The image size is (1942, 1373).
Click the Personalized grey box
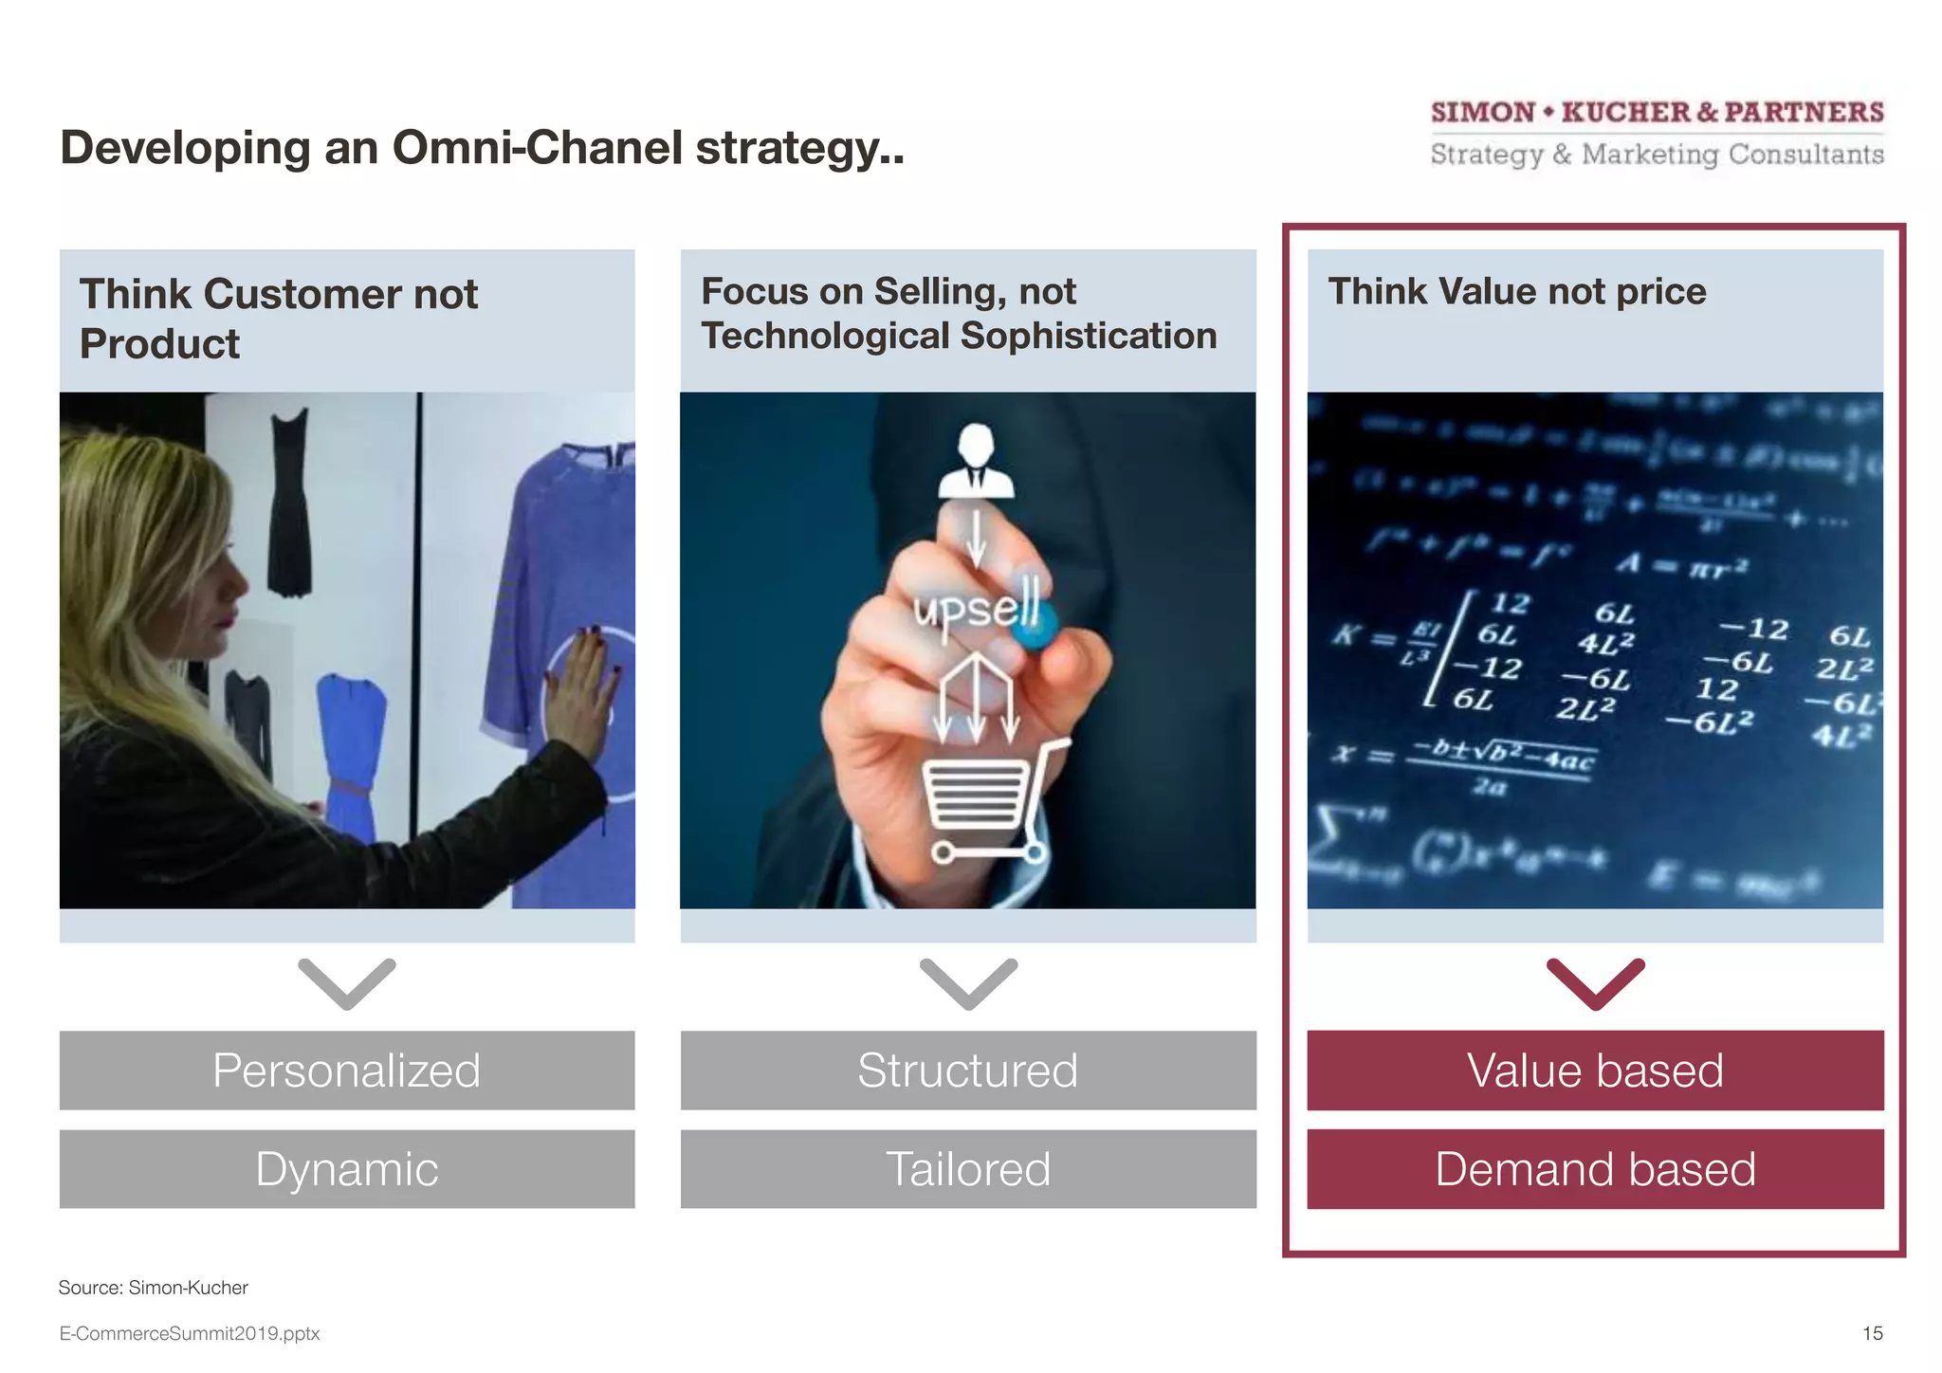tap(347, 1071)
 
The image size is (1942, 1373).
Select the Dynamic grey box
tap(347, 1169)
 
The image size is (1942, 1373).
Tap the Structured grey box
tap(968, 1071)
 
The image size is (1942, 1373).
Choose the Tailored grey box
tap(968, 1169)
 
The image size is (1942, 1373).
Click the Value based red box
tap(1595, 1071)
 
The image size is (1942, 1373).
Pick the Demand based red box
tap(1595, 1169)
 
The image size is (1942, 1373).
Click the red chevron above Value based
tap(1595, 984)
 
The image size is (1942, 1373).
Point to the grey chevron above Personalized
tap(347, 984)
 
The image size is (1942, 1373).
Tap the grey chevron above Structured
tap(968, 984)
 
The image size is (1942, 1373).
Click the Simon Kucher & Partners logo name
tap(1657, 113)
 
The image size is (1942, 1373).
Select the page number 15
tap(1872, 1333)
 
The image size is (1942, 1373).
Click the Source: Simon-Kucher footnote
tap(153, 1288)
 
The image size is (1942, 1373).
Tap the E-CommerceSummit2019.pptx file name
tap(190, 1333)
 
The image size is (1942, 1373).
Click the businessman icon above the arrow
tap(976, 462)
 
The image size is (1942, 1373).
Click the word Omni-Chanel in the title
tap(537, 148)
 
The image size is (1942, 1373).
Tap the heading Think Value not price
tap(1516, 291)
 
